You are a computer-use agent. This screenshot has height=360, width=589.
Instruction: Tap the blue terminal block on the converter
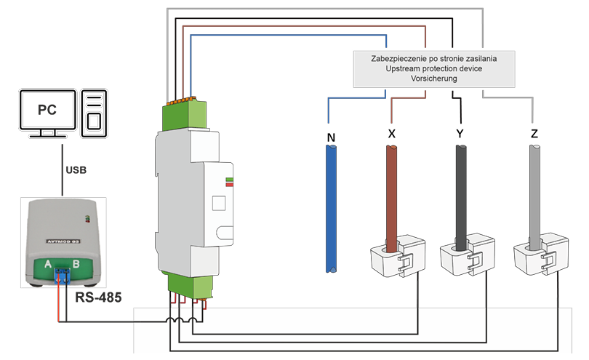pos(62,274)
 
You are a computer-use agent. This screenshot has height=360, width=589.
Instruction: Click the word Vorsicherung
pos(433,78)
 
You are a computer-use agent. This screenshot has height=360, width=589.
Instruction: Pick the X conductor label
pos(392,135)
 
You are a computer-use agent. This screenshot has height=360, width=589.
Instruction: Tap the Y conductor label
pos(460,135)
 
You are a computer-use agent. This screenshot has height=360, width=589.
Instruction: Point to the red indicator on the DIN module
pos(230,185)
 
